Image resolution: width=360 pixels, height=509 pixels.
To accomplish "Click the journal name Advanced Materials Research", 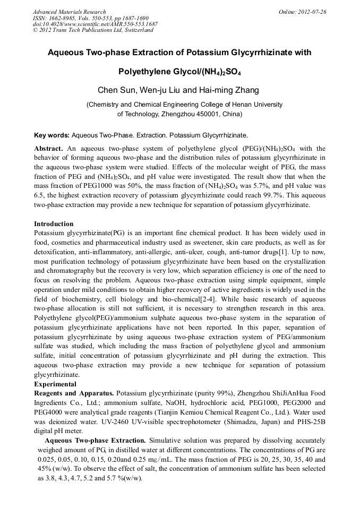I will [69, 12].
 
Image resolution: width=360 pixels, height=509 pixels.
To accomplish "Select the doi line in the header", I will [95, 24].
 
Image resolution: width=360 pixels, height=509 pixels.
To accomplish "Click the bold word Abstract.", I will [48, 149].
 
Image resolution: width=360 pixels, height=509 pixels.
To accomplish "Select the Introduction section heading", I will [54, 224].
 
